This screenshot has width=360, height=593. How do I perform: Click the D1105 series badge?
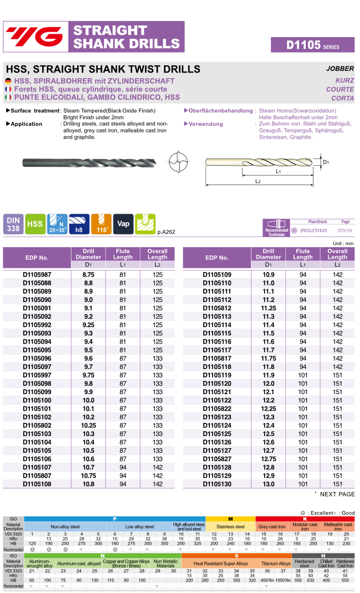click(312, 45)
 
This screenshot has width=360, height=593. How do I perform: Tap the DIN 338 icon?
click(13, 224)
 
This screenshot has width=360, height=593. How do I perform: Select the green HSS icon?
click(36, 224)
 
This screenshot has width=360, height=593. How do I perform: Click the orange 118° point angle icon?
click(101, 224)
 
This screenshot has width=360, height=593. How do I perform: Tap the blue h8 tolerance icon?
click(79, 224)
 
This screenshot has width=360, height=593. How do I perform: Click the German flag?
click(8, 81)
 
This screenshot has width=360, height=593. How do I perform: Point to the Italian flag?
click(8, 97)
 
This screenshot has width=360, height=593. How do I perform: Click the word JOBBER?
click(340, 69)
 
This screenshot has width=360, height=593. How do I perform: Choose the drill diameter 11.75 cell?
click(269, 358)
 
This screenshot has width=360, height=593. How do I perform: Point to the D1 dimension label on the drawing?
click(326, 162)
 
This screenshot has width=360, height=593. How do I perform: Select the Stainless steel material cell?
click(230, 526)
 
